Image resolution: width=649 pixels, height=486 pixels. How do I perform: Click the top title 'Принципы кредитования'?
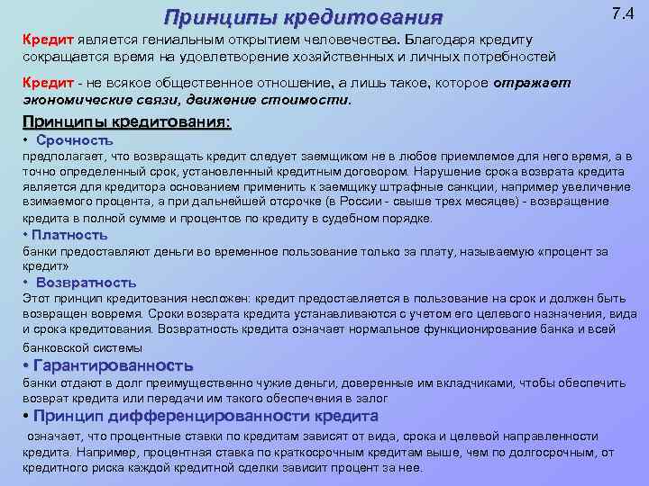coord(304,18)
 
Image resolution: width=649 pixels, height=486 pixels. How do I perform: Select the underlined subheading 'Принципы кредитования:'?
coord(126,122)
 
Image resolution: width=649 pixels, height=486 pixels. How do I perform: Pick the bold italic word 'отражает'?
coord(533,84)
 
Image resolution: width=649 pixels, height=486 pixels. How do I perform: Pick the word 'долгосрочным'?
coord(559,453)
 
